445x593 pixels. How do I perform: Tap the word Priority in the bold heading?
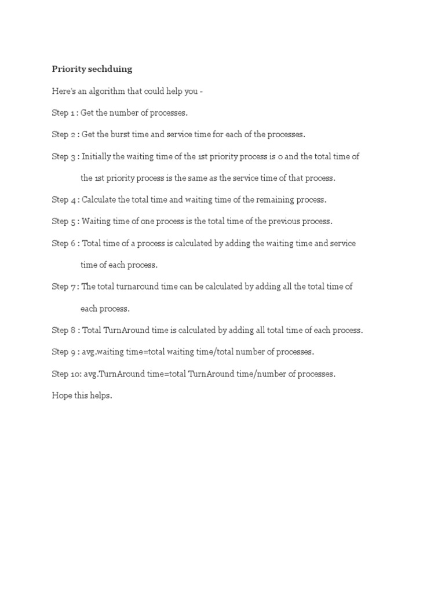pyautogui.click(x=67, y=69)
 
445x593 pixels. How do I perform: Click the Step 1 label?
pyautogui.click(x=64, y=112)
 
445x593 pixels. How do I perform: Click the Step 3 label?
pyautogui.click(x=64, y=156)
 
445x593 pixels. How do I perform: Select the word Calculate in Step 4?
pyautogui.click(x=99, y=200)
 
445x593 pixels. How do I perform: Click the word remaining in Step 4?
pyautogui.click(x=271, y=200)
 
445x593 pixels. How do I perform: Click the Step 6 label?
pyautogui.click(x=64, y=243)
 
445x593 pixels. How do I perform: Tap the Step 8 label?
pyautogui.click(x=64, y=330)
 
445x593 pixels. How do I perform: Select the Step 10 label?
pyautogui.click(x=65, y=374)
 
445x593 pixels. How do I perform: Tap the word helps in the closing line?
pyautogui.click(x=100, y=396)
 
